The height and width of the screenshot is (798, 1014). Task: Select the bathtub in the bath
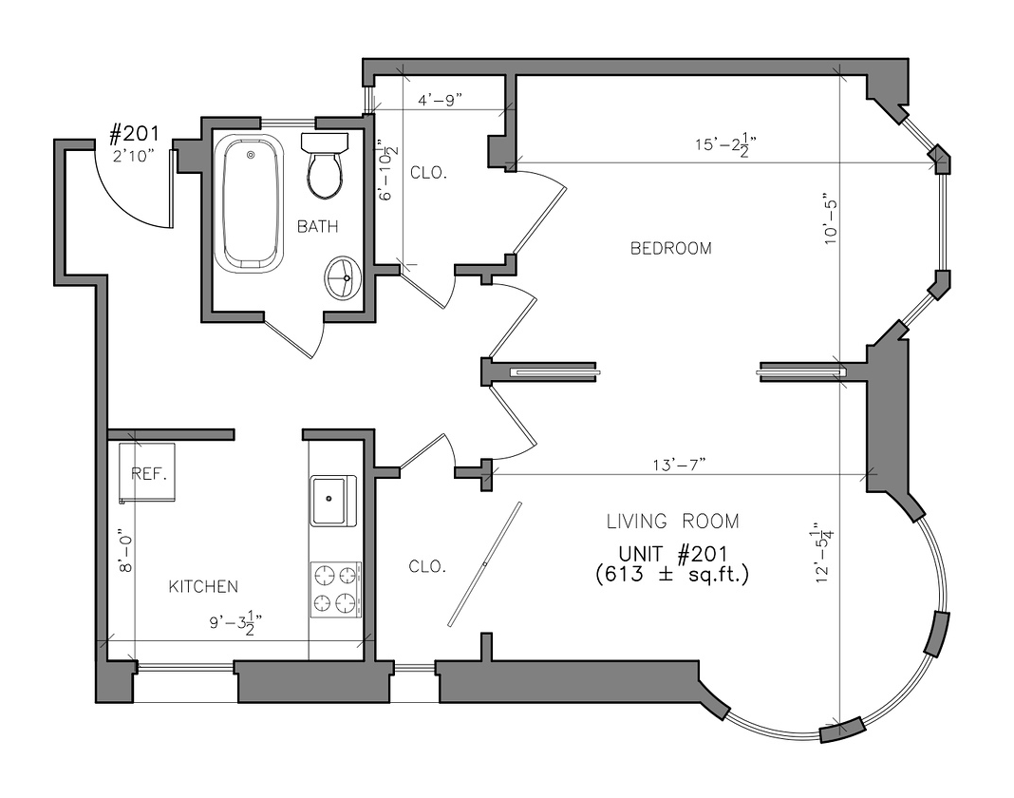pyautogui.click(x=249, y=203)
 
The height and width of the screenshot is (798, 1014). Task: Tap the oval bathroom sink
pyautogui.click(x=344, y=277)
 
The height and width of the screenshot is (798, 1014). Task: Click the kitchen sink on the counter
pyautogui.click(x=333, y=501)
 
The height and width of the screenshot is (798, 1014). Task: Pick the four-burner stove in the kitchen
pyautogui.click(x=336, y=589)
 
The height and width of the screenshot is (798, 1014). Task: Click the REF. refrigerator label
pyautogui.click(x=149, y=474)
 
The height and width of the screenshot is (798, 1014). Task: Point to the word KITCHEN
pyautogui.click(x=204, y=587)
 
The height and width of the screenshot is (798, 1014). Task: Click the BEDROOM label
pyautogui.click(x=670, y=249)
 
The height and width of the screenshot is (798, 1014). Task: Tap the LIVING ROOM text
pyautogui.click(x=672, y=522)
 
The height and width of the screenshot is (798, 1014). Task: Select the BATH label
pyautogui.click(x=317, y=226)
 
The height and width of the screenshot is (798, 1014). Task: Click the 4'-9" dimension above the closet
pyautogui.click(x=440, y=100)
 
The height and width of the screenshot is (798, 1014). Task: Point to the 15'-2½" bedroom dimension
pyautogui.click(x=725, y=144)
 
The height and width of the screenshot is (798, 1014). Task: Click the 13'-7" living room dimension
pyautogui.click(x=678, y=464)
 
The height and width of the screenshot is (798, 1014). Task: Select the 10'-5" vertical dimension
pyautogui.click(x=831, y=218)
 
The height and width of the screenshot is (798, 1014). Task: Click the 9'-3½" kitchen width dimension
pyautogui.click(x=235, y=623)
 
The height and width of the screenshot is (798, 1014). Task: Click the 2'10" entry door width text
pyautogui.click(x=134, y=156)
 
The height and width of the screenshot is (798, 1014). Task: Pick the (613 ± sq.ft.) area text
pyautogui.click(x=672, y=574)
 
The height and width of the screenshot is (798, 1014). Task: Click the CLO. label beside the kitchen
pyautogui.click(x=427, y=567)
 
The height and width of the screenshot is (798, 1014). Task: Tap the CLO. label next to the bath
pyautogui.click(x=429, y=174)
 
